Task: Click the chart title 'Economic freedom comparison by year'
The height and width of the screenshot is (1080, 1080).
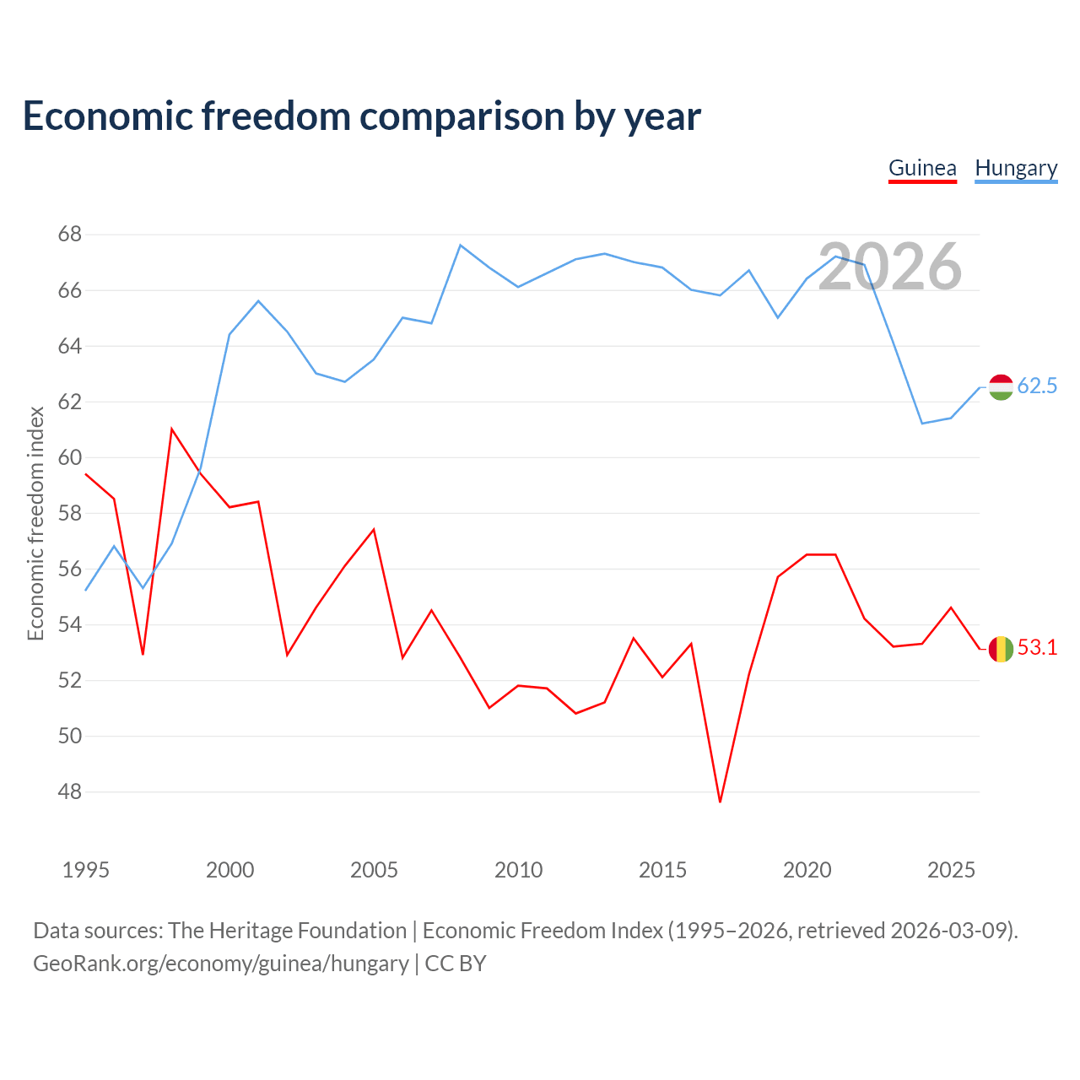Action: pyautogui.click(x=361, y=116)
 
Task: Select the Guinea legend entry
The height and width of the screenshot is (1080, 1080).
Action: pyautogui.click(x=922, y=169)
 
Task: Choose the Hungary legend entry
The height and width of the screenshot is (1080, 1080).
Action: pyautogui.click(x=1016, y=169)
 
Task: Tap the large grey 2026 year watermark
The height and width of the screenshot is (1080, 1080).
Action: pyautogui.click(x=890, y=267)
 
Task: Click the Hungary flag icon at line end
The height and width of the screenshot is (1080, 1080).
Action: pyautogui.click(x=1001, y=387)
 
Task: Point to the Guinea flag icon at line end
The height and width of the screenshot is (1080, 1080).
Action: pyautogui.click(x=1001, y=650)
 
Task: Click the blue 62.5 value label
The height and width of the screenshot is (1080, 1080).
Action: pyautogui.click(x=1037, y=386)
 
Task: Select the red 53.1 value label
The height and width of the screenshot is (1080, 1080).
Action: pyautogui.click(x=1037, y=648)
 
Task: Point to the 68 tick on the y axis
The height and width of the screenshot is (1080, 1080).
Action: pyautogui.click(x=69, y=235)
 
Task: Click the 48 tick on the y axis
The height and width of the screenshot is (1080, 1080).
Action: pyautogui.click(x=69, y=792)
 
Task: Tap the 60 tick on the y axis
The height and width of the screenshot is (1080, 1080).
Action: pyautogui.click(x=69, y=457)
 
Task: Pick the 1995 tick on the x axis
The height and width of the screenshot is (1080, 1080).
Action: pyautogui.click(x=86, y=870)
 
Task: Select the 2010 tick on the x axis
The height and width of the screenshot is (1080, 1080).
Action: pyautogui.click(x=518, y=870)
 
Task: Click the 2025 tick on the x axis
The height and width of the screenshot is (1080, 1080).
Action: pyautogui.click(x=951, y=870)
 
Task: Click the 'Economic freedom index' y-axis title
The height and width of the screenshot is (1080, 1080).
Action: pyautogui.click(x=36, y=523)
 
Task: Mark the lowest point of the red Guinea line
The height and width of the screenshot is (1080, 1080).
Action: pyautogui.click(x=721, y=802)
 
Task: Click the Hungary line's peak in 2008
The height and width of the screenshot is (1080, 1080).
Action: pyautogui.click(x=460, y=245)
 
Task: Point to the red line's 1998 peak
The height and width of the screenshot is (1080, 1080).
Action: pyautogui.click(x=171, y=429)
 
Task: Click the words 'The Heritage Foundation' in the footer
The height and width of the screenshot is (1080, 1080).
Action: pyautogui.click(x=288, y=931)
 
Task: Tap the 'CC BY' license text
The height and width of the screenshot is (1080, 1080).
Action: pyautogui.click(x=455, y=964)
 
